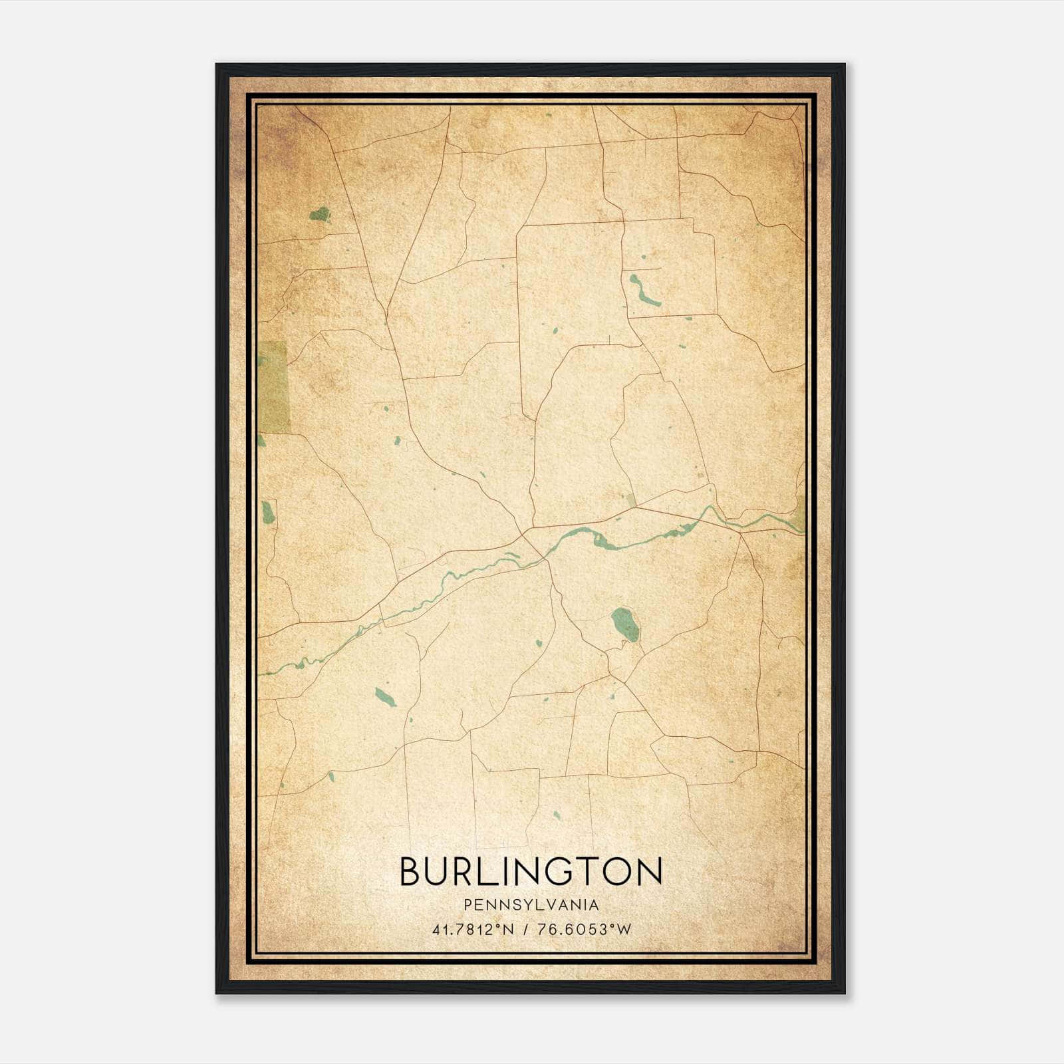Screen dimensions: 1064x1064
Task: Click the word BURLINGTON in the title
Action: (x=531, y=871)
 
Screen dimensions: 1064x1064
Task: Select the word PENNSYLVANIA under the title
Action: (x=531, y=905)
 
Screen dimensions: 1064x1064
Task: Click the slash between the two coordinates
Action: (x=525, y=930)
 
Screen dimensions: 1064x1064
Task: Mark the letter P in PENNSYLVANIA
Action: (x=468, y=905)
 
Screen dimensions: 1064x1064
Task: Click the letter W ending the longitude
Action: (x=623, y=930)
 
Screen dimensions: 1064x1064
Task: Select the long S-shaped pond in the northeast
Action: (x=644, y=291)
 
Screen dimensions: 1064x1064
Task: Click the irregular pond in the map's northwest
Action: (x=321, y=214)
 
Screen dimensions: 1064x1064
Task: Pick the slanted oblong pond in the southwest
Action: (x=384, y=697)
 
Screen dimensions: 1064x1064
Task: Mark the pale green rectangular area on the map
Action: (x=274, y=387)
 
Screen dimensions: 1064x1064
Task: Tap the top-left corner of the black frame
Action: (x=217, y=65)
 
